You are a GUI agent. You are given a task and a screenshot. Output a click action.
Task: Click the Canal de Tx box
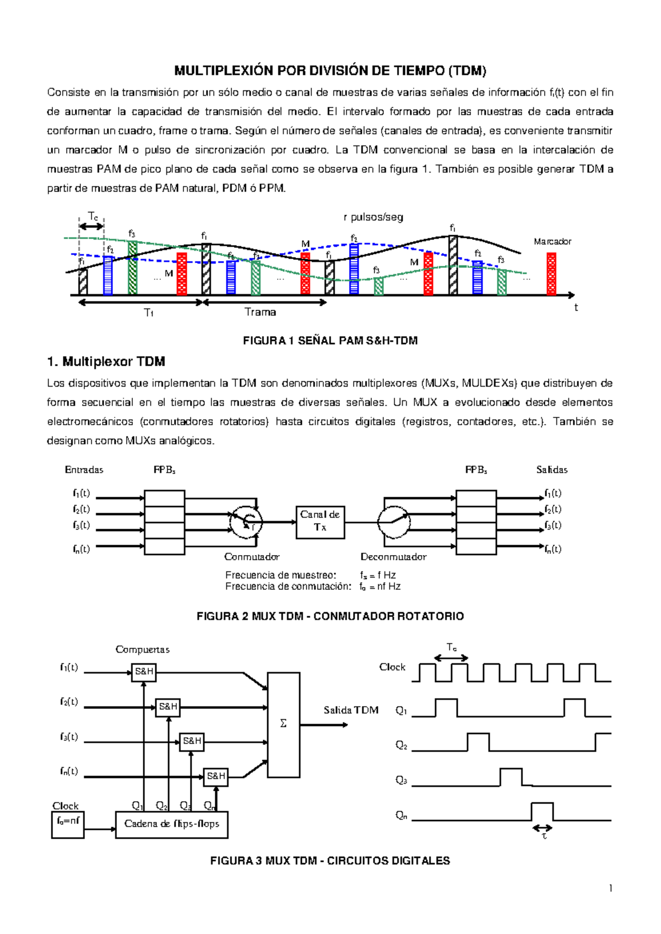click(320, 522)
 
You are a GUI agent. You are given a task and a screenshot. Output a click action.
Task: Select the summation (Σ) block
click(283, 724)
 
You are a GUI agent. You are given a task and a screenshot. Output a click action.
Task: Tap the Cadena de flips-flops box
click(172, 824)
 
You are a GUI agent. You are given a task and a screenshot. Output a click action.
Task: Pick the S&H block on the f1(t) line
click(144, 672)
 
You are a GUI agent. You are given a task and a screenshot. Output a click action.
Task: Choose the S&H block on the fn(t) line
click(215, 776)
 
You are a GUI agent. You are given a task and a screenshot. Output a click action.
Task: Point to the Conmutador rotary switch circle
click(246, 522)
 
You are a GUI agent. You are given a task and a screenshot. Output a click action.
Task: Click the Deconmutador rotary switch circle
click(394, 522)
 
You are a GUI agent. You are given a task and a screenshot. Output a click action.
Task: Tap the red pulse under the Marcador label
click(551, 274)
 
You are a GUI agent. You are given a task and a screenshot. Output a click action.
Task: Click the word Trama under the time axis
click(260, 312)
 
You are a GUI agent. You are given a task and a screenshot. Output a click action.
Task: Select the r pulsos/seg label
click(373, 217)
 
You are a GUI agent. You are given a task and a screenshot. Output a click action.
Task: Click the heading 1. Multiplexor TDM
click(106, 362)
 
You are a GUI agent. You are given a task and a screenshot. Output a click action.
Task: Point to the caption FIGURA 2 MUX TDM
click(330, 616)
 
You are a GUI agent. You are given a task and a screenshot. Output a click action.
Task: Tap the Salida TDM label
click(351, 710)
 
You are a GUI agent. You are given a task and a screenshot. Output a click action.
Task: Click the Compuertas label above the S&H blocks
click(142, 650)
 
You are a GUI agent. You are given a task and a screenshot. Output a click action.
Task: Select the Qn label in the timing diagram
click(401, 816)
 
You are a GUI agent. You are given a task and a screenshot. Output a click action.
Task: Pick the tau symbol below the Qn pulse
click(544, 837)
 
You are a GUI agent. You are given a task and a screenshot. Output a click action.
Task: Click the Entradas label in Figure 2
click(84, 470)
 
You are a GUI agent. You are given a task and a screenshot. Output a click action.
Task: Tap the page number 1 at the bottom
click(610, 888)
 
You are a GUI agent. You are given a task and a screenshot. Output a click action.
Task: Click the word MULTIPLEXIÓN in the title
click(224, 70)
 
